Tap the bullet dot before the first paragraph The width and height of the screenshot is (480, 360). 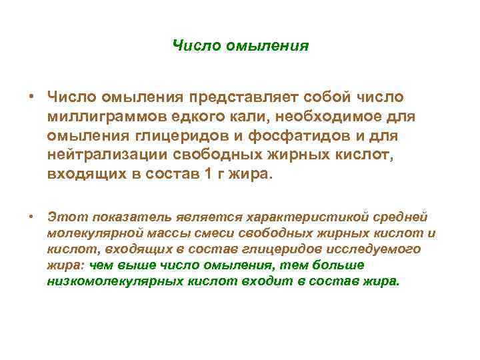31,99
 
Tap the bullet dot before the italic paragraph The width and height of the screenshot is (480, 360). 31,217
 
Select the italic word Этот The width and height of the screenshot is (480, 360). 68,217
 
